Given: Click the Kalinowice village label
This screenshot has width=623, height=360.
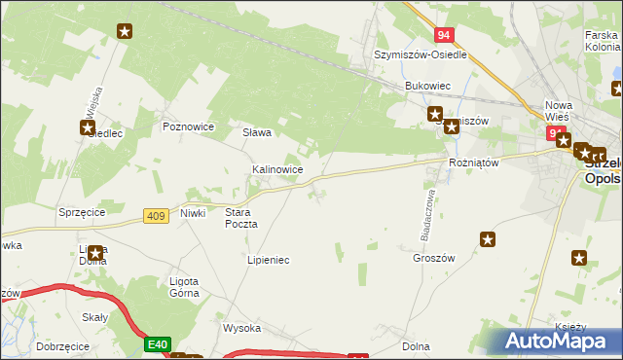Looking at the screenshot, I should tap(277, 169).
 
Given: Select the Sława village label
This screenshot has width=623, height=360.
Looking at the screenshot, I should tap(257, 132).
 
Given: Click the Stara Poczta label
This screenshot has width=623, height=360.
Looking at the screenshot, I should tap(241, 217).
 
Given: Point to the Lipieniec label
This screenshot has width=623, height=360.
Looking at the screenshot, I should tap(269, 261).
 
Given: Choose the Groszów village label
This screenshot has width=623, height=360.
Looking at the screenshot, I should tap(434, 258).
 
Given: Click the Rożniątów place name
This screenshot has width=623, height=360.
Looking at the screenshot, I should tap(473, 162).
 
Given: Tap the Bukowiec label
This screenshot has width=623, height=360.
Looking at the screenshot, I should tap(428, 86).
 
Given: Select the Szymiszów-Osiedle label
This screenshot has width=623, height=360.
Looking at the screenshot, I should tap(421, 55).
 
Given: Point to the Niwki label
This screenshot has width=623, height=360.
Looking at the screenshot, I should tap(193, 213).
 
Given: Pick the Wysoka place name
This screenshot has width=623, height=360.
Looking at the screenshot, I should tap(242, 328).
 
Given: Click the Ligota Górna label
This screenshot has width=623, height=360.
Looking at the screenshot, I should tap(178, 287).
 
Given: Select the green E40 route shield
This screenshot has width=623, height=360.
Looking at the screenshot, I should tap(159, 343).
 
